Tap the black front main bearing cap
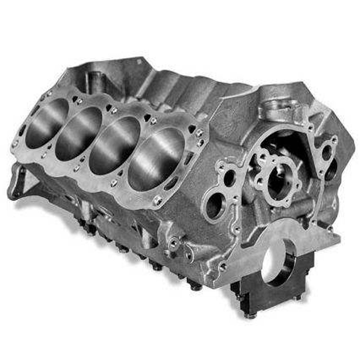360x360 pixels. (274, 288)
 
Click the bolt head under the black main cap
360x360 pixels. (250, 314)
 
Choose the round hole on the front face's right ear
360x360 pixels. (326, 152)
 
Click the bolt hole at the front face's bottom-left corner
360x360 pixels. (223, 267)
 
